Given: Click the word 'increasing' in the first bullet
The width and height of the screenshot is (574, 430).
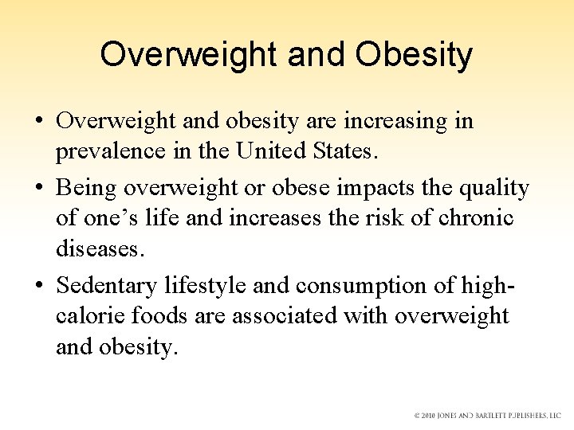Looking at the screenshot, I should pyautogui.click(x=388, y=121).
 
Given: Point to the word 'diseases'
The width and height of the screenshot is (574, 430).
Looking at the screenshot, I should pyautogui.click(x=100, y=248).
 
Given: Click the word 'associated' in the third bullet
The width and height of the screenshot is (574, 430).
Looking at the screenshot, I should pyautogui.click(x=285, y=315).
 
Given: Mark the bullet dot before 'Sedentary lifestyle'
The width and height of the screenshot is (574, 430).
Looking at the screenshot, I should pyautogui.click(x=39, y=285).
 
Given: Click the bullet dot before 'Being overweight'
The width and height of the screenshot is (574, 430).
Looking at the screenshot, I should pyautogui.click(x=39, y=188).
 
